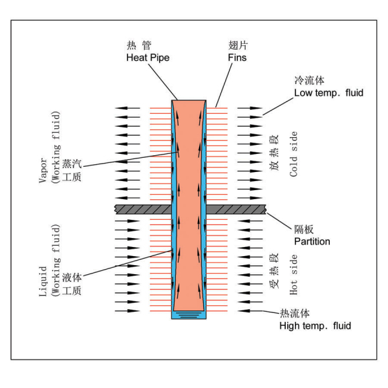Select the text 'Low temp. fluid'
(329, 93)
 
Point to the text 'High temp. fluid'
(315, 326)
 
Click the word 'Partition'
(312, 241)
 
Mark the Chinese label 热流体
(294, 314)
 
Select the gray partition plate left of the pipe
(142, 209)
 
